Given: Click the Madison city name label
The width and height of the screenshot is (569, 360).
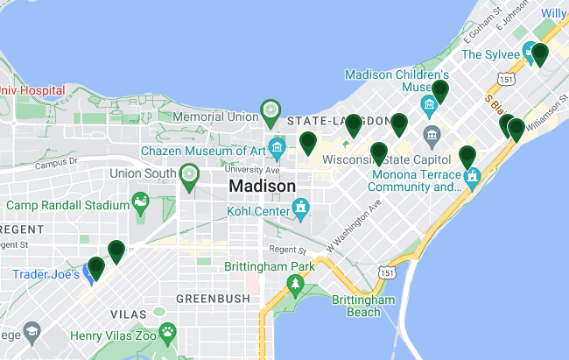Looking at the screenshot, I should click(x=262, y=187).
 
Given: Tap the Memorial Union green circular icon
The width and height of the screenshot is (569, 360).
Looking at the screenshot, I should click(x=270, y=111).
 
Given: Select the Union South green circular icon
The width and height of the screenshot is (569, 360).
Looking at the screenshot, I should click(x=187, y=173).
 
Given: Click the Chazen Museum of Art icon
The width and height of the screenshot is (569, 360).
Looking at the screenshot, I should click(x=277, y=145).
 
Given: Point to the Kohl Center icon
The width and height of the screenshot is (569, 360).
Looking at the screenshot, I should click(x=301, y=207).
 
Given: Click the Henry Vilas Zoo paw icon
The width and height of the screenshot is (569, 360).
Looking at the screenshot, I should click(x=167, y=332).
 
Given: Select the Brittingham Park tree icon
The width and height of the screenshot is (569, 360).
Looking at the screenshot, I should click(x=296, y=284).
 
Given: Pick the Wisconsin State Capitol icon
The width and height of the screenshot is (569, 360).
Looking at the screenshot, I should click(x=432, y=135).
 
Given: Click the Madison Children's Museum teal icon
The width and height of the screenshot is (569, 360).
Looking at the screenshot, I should click(x=429, y=107).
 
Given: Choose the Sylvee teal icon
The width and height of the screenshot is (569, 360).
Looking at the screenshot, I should click(x=530, y=49).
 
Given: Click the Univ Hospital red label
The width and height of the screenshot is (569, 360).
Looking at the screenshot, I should click(x=32, y=89).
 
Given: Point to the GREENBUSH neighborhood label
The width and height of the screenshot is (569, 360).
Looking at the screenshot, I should click(x=207, y=299).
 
